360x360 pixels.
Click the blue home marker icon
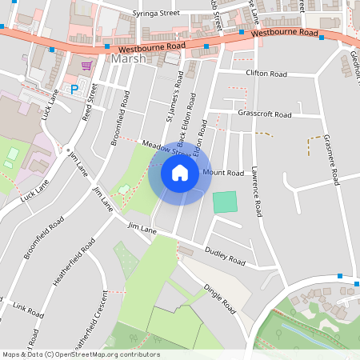180,173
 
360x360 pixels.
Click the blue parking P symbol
75,90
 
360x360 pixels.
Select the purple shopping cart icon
86,66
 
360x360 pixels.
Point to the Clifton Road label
267,74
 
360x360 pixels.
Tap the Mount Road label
223,173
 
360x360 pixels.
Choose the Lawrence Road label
255,192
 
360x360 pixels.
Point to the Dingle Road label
220,299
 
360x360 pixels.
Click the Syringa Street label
156,14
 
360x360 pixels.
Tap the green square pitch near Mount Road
226,202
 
